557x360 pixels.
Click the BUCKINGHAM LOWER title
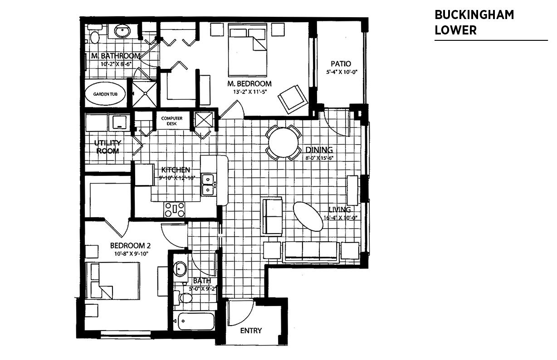click(x=474, y=22)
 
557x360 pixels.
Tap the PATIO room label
click(x=341, y=64)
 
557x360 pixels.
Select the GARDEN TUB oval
click(x=105, y=94)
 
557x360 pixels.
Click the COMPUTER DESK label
click(x=172, y=121)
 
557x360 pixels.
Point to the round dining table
click(x=283, y=142)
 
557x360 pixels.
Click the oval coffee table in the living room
click(x=308, y=216)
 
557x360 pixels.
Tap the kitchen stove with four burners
click(x=175, y=209)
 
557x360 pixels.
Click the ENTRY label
click(x=251, y=331)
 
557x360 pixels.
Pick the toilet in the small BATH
click(x=184, y=297)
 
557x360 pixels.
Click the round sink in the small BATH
click(x=180, y=268)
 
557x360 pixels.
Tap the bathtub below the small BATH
click(x=196, y=321)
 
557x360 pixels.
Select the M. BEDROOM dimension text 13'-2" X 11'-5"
click(x=249, y=92)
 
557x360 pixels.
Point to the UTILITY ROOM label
click(x=107, y=147)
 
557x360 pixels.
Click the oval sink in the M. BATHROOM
click(x=122, y=31)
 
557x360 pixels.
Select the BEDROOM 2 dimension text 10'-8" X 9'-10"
click(x=131, y=254)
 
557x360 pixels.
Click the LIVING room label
click(x=340, y=209)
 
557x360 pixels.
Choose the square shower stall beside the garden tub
click(x=145, y=94)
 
